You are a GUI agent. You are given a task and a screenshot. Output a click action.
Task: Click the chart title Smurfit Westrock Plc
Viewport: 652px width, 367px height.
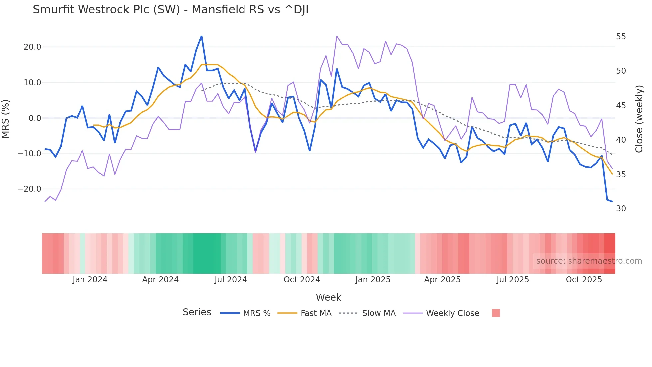coord(170,10)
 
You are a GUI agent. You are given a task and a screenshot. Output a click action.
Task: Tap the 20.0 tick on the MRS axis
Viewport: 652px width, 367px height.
coord(32,47)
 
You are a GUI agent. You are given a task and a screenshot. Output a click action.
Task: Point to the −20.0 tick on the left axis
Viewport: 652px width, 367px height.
coord(29,189)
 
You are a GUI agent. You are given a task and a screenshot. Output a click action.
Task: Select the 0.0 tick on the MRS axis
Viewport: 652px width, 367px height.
coord(35,118)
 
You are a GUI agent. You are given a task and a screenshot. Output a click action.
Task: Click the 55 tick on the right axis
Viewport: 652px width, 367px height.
coord(621,37)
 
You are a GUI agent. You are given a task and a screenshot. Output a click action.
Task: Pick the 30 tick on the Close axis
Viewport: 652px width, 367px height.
coord(621,209)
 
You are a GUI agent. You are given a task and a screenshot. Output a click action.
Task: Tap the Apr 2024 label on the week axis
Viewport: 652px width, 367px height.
coord(160,280)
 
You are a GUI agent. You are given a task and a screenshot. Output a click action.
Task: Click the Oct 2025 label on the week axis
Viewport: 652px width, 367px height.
coord(584,280)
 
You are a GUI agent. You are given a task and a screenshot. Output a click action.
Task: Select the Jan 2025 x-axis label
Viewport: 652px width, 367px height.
coord(373,280)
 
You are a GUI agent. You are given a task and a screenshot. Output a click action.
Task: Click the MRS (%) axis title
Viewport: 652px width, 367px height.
coord(6,119)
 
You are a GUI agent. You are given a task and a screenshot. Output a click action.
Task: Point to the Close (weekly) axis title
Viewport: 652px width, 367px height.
coord(639,119)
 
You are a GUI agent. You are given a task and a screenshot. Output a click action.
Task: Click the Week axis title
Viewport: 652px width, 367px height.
coord(328,297)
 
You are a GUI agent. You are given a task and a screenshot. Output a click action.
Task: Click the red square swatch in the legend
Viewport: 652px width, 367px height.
coord(496,313)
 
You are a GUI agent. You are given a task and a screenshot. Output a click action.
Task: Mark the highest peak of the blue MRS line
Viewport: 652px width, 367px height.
coord(201,36)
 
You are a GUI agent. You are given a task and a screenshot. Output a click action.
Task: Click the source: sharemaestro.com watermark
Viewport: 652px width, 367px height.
coord(589,261)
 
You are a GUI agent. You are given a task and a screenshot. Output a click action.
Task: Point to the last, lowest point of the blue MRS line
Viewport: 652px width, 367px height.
coord(612,201)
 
